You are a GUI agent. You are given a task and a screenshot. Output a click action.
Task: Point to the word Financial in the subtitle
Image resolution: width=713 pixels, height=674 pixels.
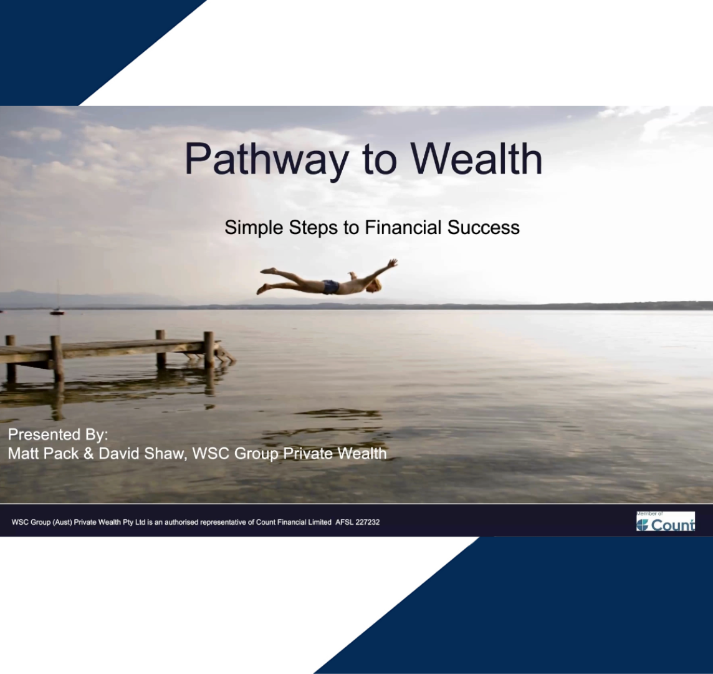click(x=404, y=228)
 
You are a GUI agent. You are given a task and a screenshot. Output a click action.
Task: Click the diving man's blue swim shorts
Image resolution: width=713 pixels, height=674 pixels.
click(x=331, y=287)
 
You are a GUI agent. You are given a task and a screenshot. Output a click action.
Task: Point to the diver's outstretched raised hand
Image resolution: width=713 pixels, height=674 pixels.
click(x=392, y=263)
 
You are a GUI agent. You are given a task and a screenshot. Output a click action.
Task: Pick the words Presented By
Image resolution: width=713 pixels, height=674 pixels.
click(x=58, y=434)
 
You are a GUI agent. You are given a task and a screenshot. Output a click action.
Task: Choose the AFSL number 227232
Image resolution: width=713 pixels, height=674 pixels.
click(x=366, y=522)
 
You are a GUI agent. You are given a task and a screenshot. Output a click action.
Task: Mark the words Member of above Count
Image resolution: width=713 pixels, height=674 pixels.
click(x=649, y=514)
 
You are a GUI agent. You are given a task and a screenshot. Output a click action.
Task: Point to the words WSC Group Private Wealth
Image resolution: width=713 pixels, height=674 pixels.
click(x=289, y=454)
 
